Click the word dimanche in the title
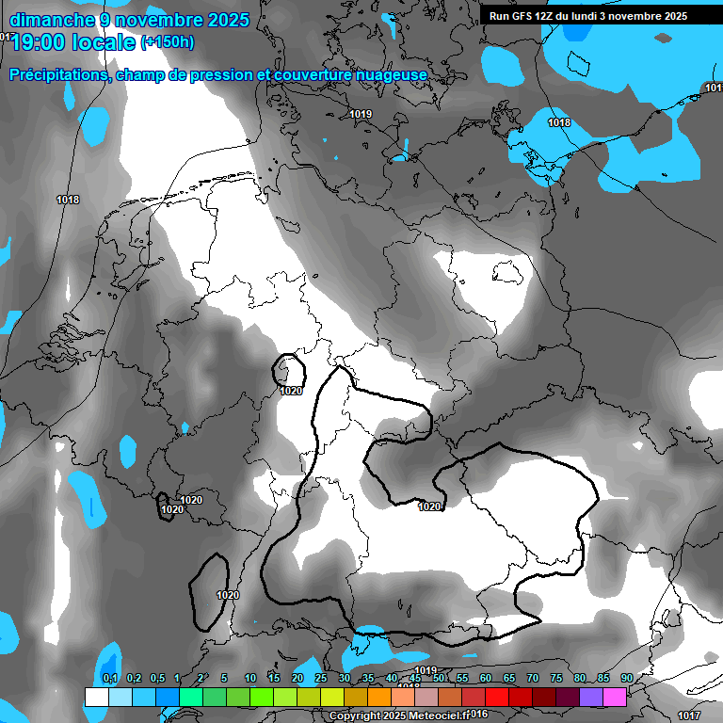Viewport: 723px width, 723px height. (50, 20)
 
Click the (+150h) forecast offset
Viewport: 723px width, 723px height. (167, 41)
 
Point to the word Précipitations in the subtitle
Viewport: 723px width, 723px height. (57, 74)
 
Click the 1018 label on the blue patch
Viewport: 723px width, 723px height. (559, 122)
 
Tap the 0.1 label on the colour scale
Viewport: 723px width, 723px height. (110, 678)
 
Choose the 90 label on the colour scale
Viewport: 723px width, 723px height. (626, 678)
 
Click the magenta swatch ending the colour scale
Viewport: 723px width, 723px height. (615, 697)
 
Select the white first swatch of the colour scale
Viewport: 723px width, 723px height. (96, 697)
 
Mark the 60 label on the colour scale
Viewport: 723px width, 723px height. (486, 678)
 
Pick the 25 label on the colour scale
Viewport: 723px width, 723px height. (321, 678)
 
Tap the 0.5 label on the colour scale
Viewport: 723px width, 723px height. (157, 678)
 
